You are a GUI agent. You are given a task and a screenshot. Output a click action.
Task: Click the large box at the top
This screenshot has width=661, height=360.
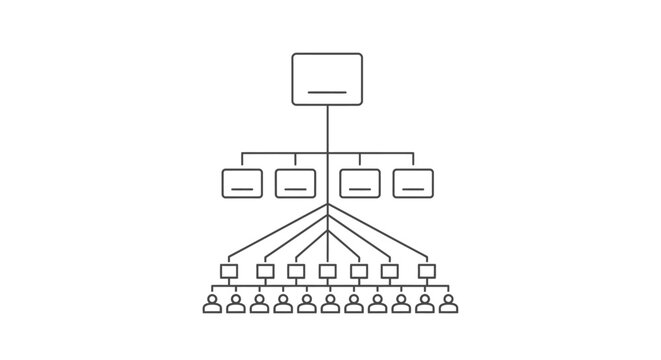pos(327,78)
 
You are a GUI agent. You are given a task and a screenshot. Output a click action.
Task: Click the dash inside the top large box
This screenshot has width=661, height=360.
pos(327,92)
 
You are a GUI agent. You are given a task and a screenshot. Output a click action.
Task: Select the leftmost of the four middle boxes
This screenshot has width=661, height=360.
pos(242,182)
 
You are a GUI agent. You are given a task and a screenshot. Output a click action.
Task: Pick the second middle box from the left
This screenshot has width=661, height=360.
pos(295,182)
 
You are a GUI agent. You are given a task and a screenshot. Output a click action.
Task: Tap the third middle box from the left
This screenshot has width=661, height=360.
pos(360,182)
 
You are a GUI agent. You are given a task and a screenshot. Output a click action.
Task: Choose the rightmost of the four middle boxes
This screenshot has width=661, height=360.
pos(413,182)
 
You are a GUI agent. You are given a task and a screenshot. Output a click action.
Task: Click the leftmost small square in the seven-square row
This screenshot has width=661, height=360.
pos(228,271)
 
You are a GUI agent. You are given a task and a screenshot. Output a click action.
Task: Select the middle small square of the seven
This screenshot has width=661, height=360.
pos(327,271)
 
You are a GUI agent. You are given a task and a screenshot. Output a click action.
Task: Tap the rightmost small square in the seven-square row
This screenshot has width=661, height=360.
pos(427,271)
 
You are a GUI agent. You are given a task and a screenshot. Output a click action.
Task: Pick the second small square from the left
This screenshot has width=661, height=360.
pos(265,271)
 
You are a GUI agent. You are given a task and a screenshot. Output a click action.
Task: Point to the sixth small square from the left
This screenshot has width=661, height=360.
pos(390,271)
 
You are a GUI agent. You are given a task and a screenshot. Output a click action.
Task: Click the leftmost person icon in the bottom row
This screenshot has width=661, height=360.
pos(212,304)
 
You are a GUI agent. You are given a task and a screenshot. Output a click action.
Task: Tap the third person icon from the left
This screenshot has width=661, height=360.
pos(259,304)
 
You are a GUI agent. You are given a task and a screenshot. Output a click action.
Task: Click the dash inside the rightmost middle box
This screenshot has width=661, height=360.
pos(413,187)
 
